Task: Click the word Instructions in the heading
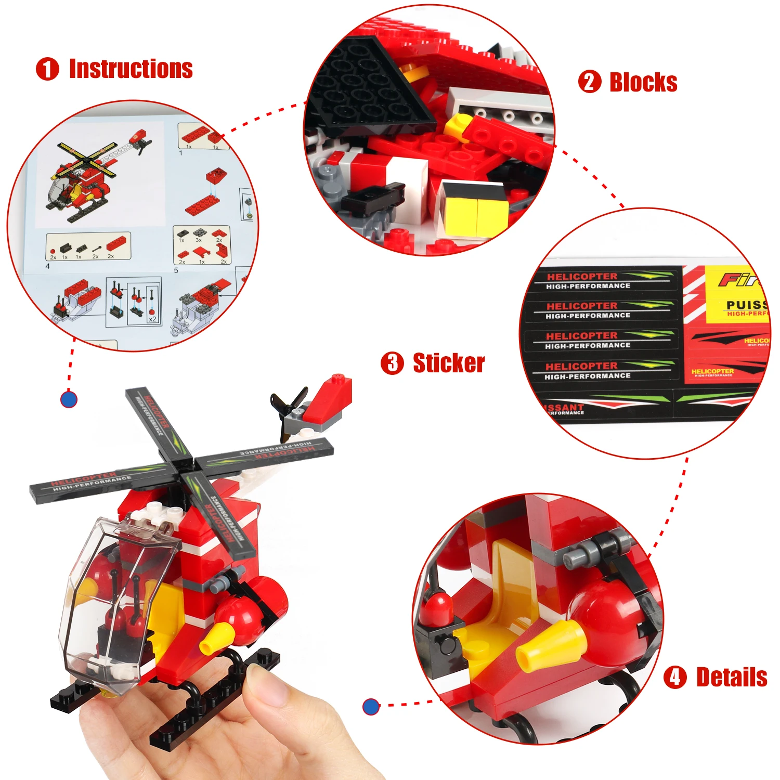[131, 69]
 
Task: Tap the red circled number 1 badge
[47, 69]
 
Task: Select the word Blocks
[643, 82]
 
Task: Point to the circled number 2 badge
[590, 82]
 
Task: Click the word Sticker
[449, 363]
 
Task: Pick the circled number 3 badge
[392, 363]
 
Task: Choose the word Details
[732, 677]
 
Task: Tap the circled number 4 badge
[675, 677]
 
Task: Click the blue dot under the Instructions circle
[69, 399]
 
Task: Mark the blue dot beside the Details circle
[371, 706]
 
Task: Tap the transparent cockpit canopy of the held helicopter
[112, 598]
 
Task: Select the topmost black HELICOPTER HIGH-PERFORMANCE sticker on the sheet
[603, 280]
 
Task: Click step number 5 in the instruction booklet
[176, 270]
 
